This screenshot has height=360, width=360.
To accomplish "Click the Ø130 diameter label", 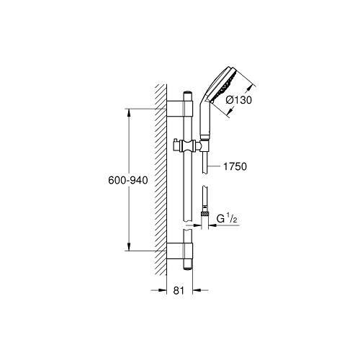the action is point(239,100).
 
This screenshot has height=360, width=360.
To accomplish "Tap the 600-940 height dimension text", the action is point(128,180).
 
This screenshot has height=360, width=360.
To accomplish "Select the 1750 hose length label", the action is point(235,166).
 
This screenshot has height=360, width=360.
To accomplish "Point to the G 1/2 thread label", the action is point(227,219).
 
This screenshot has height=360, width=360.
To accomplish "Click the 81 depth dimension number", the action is point(179,290).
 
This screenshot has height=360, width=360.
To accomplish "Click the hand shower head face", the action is point(225,84).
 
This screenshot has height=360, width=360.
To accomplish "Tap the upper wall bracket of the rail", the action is point(180,109).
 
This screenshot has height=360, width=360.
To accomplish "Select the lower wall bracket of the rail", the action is point(180,251).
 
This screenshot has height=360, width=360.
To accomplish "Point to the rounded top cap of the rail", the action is point(188,96).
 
